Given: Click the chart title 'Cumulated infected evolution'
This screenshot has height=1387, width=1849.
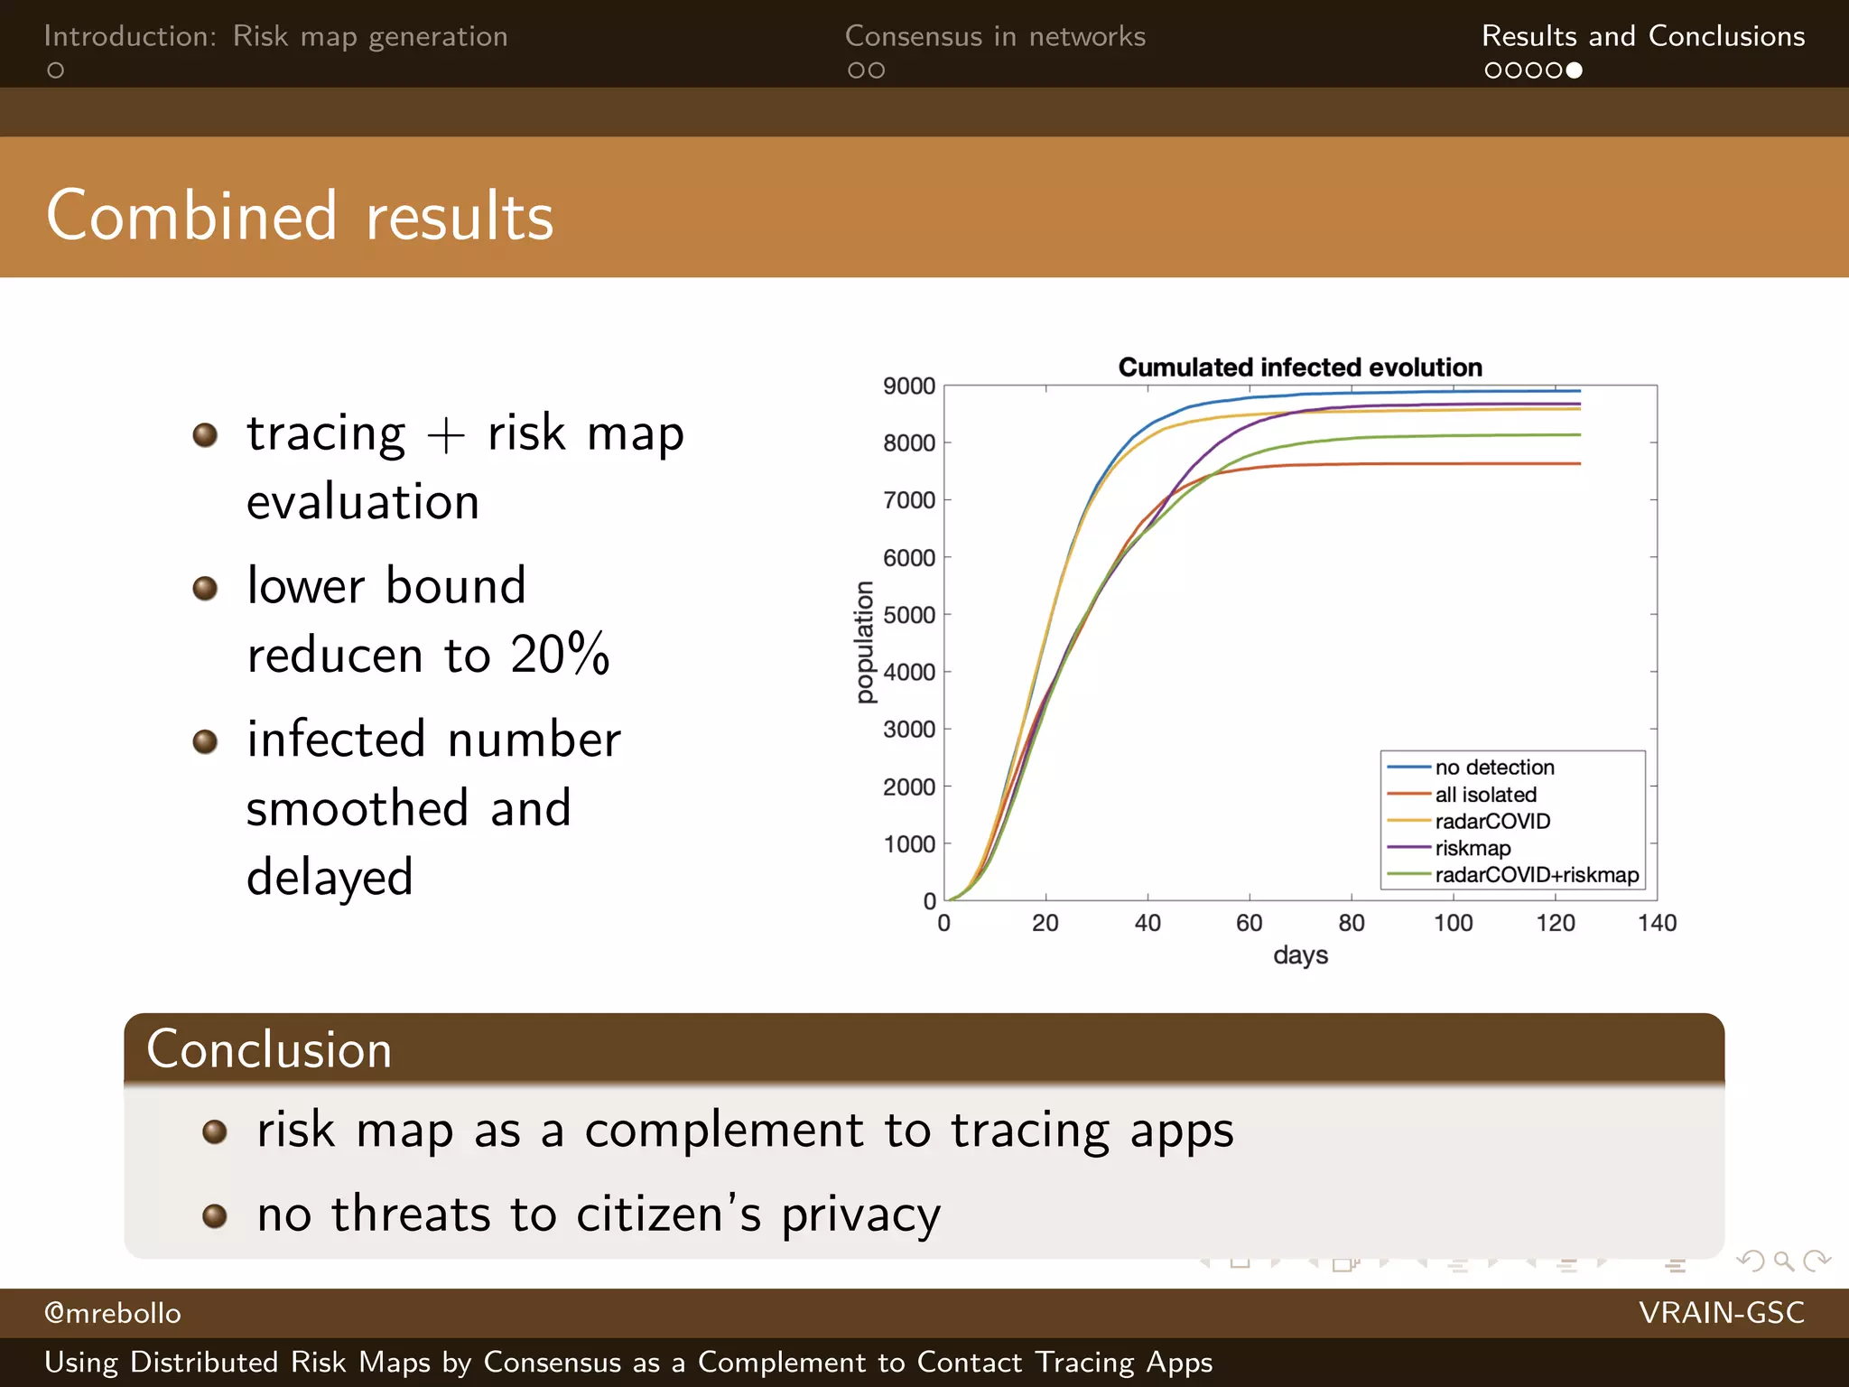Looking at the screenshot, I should coord(1299,368).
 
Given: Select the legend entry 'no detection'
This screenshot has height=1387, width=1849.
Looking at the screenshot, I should coord(1494,768).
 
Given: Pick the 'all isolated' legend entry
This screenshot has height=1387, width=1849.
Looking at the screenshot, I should coord(1485,795).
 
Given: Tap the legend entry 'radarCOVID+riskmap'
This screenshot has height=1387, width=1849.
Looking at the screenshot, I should coord(1537,875).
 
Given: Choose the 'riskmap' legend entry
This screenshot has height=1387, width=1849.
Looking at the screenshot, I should coord(1473,848).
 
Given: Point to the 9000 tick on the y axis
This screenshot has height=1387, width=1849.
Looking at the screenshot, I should coord(908,386).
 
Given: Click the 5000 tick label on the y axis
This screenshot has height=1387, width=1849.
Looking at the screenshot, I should coord(908,615).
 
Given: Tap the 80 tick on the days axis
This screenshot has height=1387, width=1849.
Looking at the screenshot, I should coord(1352,923).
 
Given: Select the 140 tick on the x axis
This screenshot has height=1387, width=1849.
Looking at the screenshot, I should coord(1657,923).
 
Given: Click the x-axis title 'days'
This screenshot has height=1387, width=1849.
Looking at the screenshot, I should coord(1300,955).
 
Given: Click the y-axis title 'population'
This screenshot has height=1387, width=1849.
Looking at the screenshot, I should coord(865,642).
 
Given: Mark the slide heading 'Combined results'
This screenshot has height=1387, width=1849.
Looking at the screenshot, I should coord(300,217).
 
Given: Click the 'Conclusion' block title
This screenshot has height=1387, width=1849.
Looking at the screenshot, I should coord(269,1049).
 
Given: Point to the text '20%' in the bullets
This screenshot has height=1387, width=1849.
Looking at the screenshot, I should coord(560,654).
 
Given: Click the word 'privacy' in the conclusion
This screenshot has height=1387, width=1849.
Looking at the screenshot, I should coord(860,1215).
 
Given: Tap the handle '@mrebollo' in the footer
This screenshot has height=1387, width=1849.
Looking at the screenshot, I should coord(113,1313).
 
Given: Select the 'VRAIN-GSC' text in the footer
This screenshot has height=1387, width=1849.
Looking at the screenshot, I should coord(1721,1313).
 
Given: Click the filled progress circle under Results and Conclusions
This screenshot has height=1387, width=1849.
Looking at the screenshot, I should coord(1574,70).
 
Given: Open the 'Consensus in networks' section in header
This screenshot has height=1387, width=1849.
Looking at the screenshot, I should coord(995,36).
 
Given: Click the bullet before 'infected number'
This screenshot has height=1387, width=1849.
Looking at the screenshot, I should coord(206,742).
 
